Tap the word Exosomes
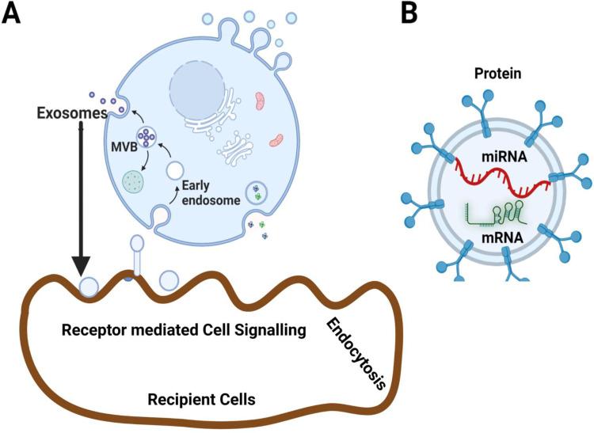[x=70, y=114]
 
